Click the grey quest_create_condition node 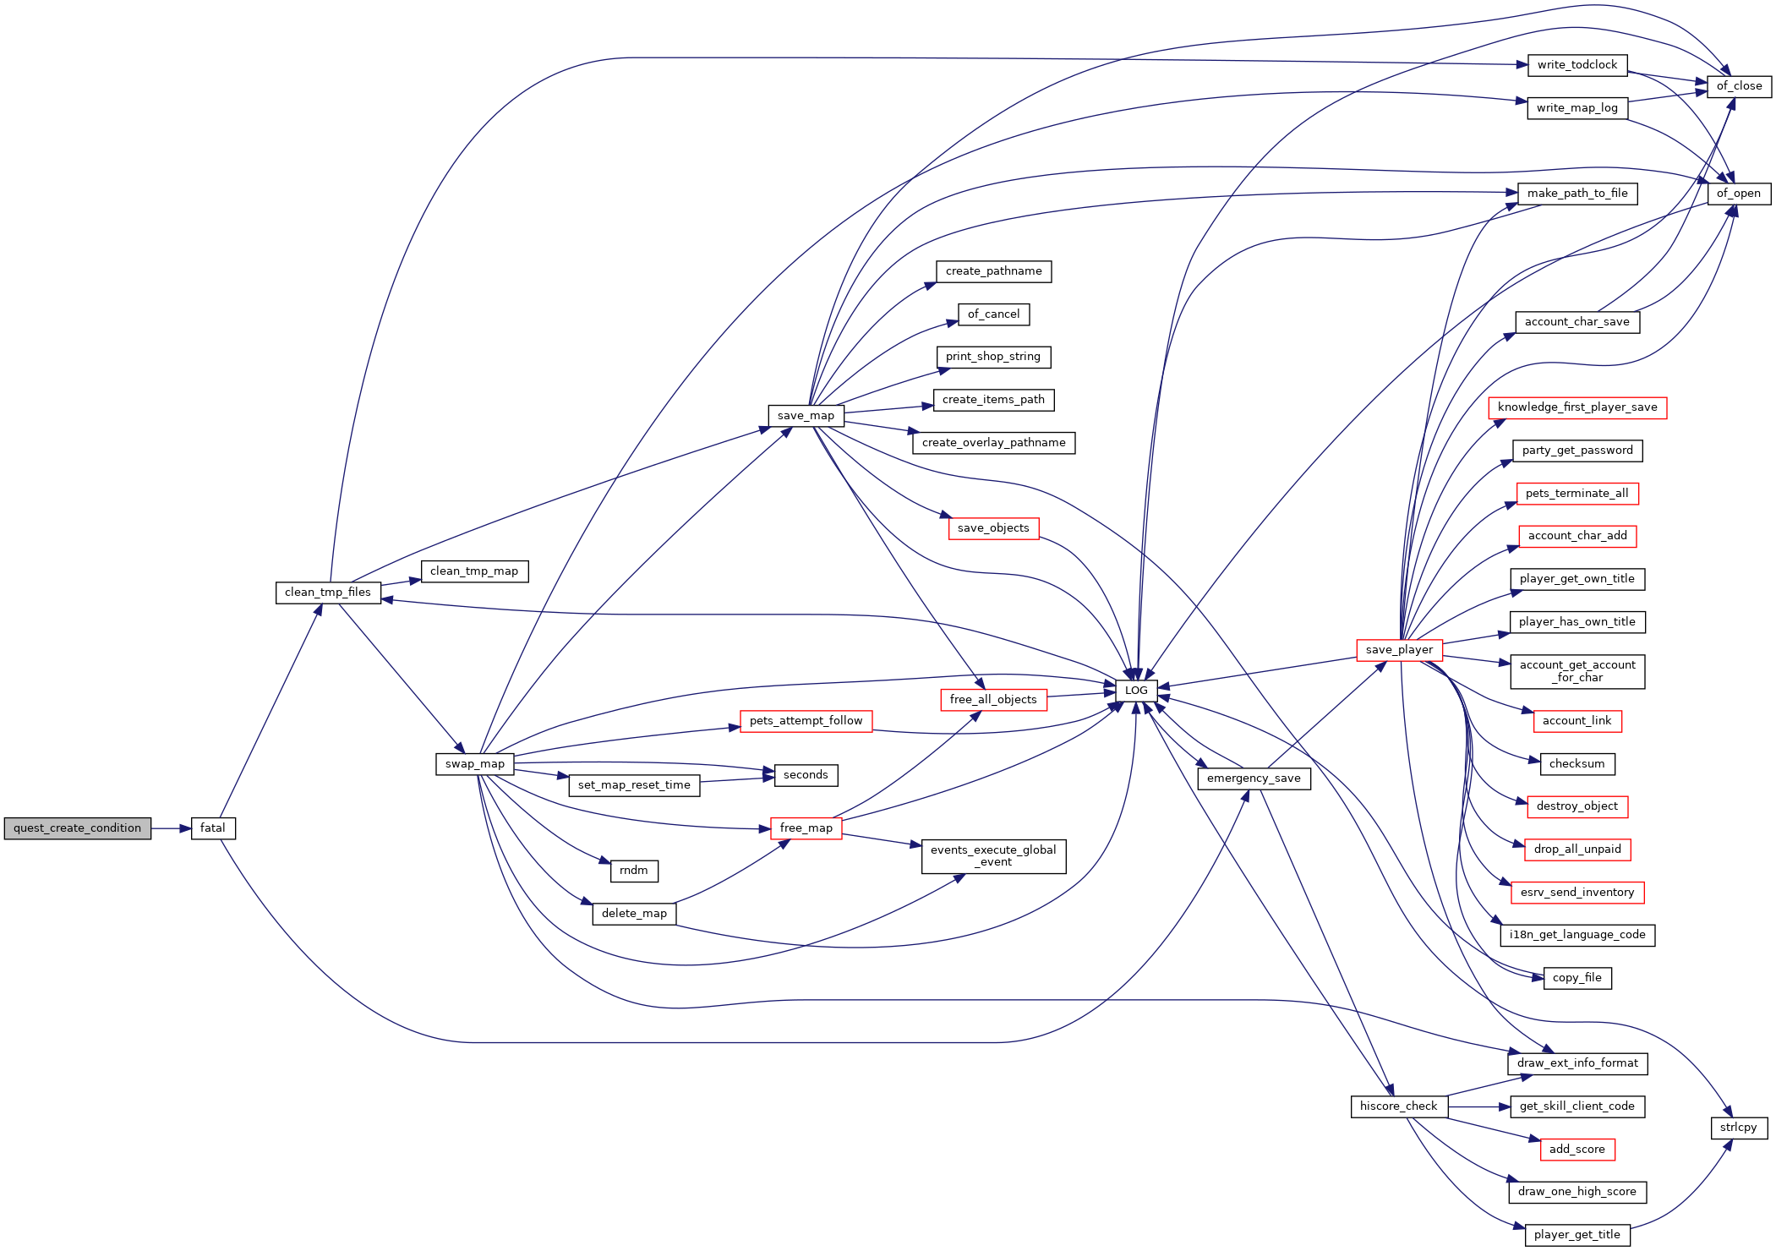[77, 828]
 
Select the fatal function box [213, 828]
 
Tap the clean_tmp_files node [328, 593]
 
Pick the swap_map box [475, 764]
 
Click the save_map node [806, 416]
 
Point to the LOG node [1136, 691]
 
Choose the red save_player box [1399, 650]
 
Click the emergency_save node [1254, 778]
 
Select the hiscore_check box [1398, 1106]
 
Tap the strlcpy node [1739, 1128]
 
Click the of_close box [1739, 86]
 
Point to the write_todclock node [1577, 65]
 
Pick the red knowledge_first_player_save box [1577, 407]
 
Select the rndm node [634, 871]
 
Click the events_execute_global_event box [993, 856]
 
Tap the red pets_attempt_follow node [806, 721]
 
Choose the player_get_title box [1577, 1235]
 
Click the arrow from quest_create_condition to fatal [171, 828]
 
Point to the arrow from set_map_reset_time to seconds [737, 779]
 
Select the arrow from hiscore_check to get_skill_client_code [1478, 1106]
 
